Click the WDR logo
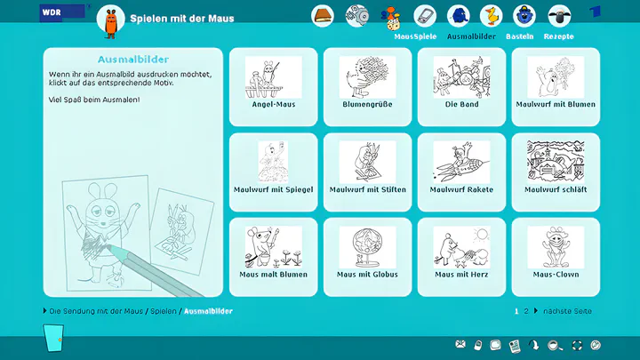(x=62, y=12)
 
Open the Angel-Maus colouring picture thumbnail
(x=273, y=77)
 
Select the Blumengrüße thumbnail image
(x=367, y=77)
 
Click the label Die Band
(x=461, y=105)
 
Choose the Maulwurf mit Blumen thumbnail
(x=556, y=77)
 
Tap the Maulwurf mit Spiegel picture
(x=273, y=162)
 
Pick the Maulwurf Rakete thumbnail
(x=461, y=162)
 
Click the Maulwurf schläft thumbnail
(x=556, y=162)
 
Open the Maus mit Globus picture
(x=367, y=247)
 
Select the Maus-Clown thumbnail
(x=556, y=247)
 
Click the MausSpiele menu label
(x=415, y=36)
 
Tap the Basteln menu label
(x=520, y=36)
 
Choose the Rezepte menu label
(x=559, y=36)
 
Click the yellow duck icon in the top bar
(x=491, y=16)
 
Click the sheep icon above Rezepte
(x=559, y=16)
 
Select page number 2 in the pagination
(x=526, y=311)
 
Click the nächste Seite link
(x=567, y=311)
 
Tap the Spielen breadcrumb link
(x=164, y=311)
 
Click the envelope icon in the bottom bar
(x=460, y=345)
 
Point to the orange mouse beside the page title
(x=110, y=24)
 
